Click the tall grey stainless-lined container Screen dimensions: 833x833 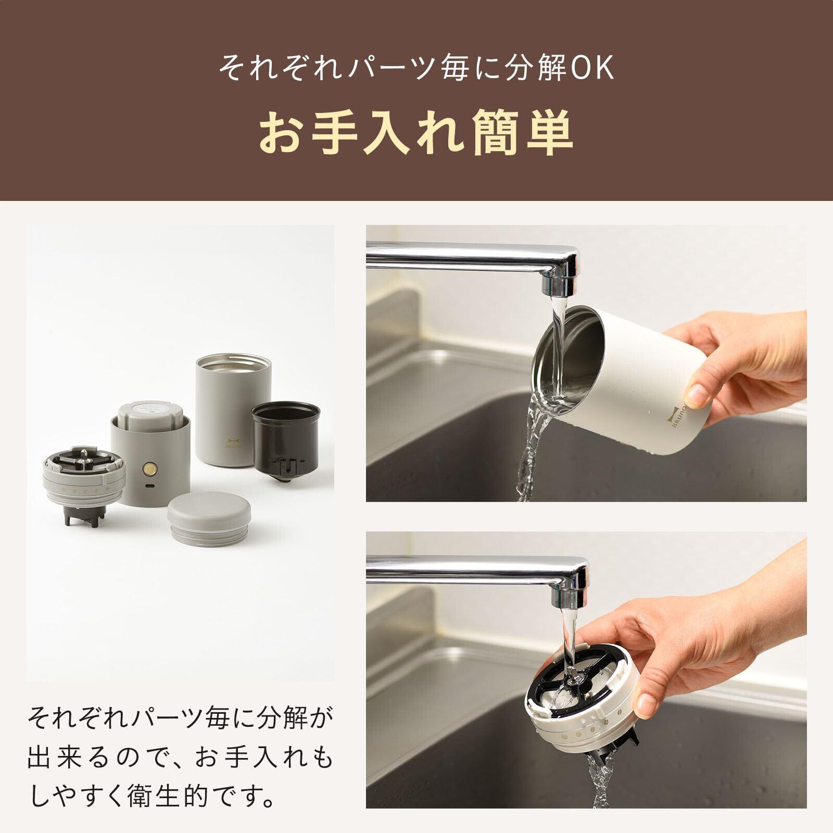[234, 410]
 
